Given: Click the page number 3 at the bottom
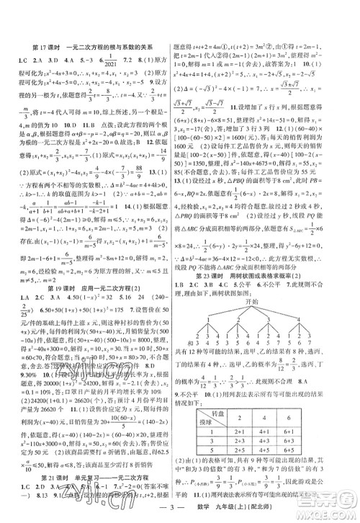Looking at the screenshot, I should [x=181, y=509].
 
